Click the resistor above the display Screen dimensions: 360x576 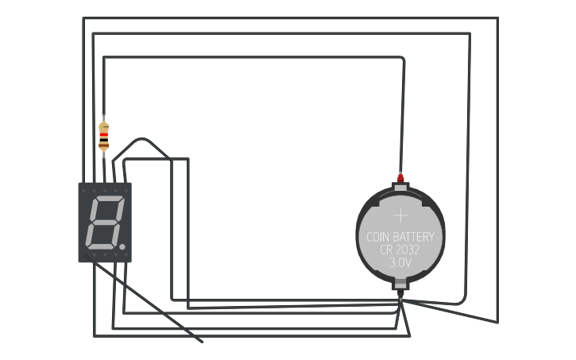tap(103, 136)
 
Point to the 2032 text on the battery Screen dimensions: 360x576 tap(408, 250)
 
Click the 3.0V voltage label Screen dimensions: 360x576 tap(400, 261)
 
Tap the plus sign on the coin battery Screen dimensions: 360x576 tap(400, 215)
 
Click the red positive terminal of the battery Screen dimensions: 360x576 tap(400, 177)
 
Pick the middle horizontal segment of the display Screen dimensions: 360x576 tap(103, 223)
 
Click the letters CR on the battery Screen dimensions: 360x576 tap(387, 250)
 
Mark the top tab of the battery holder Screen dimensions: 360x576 tap(400, 188)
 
